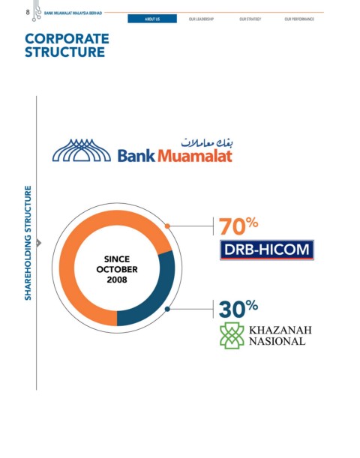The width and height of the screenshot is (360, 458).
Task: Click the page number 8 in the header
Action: [28, 12]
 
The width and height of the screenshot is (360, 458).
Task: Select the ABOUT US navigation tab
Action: [152, 19]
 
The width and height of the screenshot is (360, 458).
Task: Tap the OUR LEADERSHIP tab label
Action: [201, 19]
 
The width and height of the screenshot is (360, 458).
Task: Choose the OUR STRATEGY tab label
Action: [250, 19]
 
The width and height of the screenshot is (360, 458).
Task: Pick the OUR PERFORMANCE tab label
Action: [299, 19]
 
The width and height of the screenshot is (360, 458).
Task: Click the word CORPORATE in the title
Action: [67, 39]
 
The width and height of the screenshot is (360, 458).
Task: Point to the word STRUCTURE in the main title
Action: [64, 52]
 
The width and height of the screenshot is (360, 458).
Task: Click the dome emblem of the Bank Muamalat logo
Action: [82, 150]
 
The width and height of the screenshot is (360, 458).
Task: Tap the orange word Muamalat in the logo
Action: [195, 156]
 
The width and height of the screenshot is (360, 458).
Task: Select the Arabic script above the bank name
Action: [207, 142]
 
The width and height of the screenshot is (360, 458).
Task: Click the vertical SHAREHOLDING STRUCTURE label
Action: [28, 243]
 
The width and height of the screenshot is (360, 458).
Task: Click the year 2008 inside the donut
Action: [117, 280]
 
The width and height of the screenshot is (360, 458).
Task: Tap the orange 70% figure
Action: [238, 226]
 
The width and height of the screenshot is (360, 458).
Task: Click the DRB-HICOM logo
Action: [267, 250]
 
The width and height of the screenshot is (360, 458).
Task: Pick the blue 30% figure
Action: [238, 308]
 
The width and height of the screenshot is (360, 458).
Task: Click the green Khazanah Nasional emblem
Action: [232, 336]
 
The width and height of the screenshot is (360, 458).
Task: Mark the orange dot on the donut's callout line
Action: [167, 226]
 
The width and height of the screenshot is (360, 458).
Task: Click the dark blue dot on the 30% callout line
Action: [167, 309]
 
